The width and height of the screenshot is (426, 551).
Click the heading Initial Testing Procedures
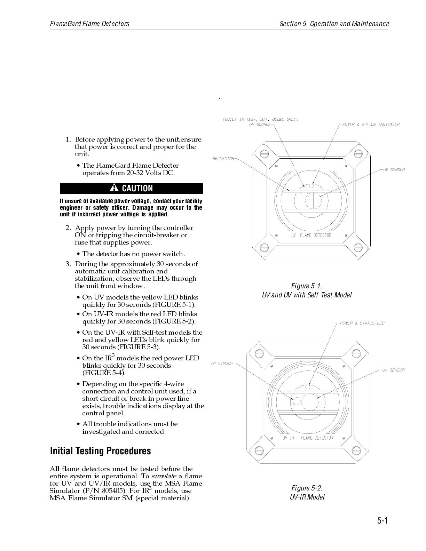click(101, 451)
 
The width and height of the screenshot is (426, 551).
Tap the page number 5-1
click(382, 520)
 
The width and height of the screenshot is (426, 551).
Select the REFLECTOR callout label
click(223, 159)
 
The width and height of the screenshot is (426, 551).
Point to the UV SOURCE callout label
click(260, 125)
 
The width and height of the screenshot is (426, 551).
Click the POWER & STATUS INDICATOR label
click(371, 125)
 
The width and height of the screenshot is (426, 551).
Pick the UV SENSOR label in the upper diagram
click(394, 170)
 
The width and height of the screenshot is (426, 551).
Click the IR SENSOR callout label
click(222, 363)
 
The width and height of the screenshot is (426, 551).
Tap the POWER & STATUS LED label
click(362, 323)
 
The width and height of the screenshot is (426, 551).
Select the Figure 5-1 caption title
click(307, 286)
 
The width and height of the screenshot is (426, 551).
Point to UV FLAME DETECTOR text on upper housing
click(311, 235)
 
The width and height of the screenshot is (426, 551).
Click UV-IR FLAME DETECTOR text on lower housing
click(308, 438)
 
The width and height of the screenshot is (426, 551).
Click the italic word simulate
click(164, 476)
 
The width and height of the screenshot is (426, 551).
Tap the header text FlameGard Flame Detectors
click(90, 24)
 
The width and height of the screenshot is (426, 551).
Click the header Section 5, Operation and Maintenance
click(334, 24)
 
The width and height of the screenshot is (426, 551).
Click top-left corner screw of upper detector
click(263, 153)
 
